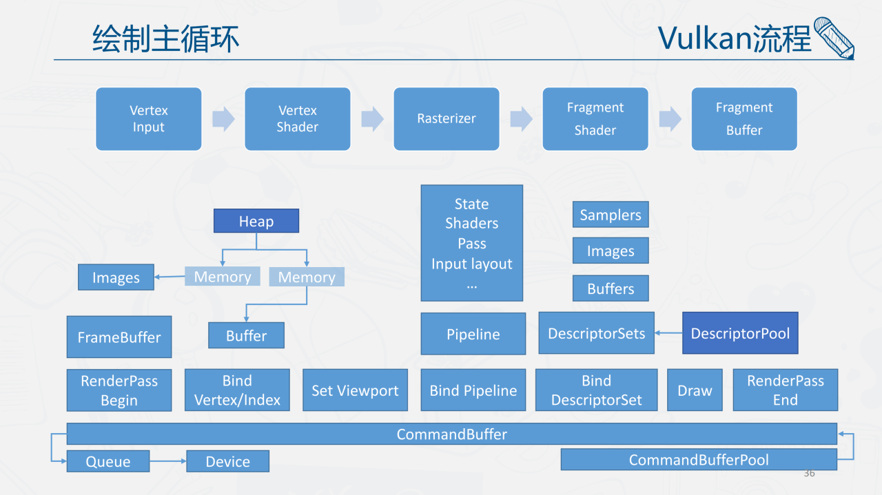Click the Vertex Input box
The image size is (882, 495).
pos(148,118)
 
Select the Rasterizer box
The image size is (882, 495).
pos(446,118)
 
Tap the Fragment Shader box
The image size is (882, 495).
pos(595,118)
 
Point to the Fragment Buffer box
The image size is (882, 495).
pos(743,118)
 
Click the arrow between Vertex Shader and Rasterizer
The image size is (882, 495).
pos(372,118)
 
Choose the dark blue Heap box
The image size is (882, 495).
pos(256,221)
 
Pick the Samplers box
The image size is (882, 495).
pos(610,215)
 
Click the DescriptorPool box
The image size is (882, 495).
pos(740,333)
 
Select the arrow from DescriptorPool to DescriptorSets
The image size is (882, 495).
pos(668,333)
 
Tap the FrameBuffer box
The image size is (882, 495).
pos(119,337)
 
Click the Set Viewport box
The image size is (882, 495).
pos(355,390)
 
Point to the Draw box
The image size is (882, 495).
pos(695,390)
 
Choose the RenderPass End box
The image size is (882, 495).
pos(785,390)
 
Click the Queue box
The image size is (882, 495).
pos(107,461)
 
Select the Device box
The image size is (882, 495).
pos(227,461)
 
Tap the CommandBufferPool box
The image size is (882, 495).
pos(698,459)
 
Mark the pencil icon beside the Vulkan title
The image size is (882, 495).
pos(834,38)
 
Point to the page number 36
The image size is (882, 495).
pos(809,473)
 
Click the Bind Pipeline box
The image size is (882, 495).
pos(473,390)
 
